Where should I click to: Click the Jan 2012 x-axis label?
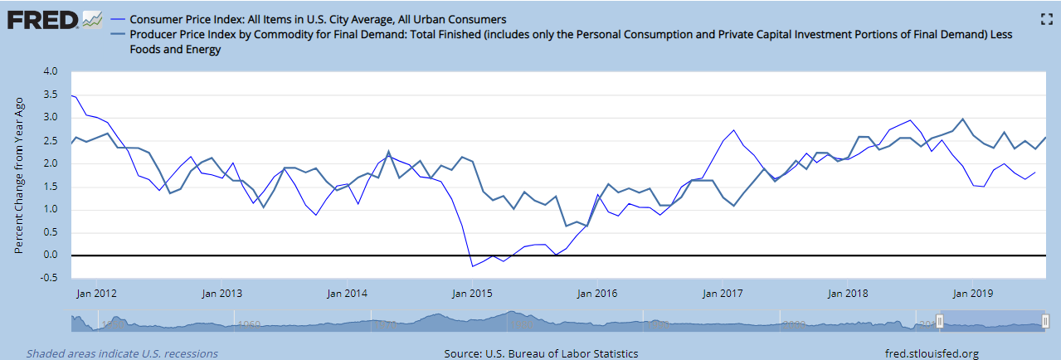click(x=95, y=293)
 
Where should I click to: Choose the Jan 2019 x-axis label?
click(x=974, y=293)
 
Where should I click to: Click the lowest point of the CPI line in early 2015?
click(x=472, y=266)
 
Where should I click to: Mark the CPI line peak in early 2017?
click(x=734, y=130)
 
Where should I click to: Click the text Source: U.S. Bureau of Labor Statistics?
click(x=541, y=353)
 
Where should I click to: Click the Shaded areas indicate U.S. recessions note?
click(x=122, y=353)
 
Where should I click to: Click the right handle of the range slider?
click(x=1045, y=321)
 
